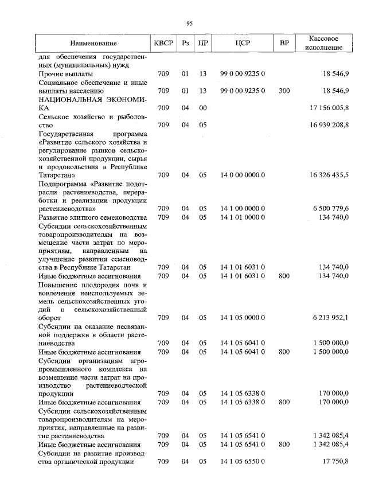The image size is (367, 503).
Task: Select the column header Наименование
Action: (93, 44)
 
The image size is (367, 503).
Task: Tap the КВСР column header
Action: (163, 44)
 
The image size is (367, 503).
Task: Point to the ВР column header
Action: (284, 44)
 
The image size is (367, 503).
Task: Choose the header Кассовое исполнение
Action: (324, 43)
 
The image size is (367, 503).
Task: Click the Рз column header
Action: (185, 44)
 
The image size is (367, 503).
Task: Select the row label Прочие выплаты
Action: (66, 74)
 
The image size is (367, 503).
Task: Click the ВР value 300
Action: (284, 91)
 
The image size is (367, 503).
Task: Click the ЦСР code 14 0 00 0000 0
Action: (242, 174)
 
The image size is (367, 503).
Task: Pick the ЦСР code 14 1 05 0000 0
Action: (242, 317)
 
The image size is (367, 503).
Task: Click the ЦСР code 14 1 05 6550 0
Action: (242, 461)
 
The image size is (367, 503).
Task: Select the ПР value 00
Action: (202, 107)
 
